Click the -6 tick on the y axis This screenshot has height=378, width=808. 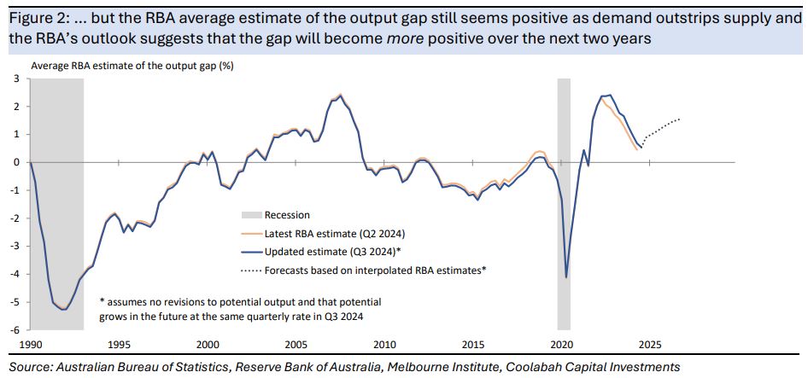(x=17, y=329)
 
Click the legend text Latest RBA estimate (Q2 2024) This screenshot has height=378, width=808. (x=334, y=233)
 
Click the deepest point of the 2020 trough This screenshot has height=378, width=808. (x=566, y=277)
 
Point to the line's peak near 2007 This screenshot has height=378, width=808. (x=340, y=94)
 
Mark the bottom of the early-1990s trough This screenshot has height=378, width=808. (x=64, y=310)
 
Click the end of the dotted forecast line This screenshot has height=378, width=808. (x=680, y=119)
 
